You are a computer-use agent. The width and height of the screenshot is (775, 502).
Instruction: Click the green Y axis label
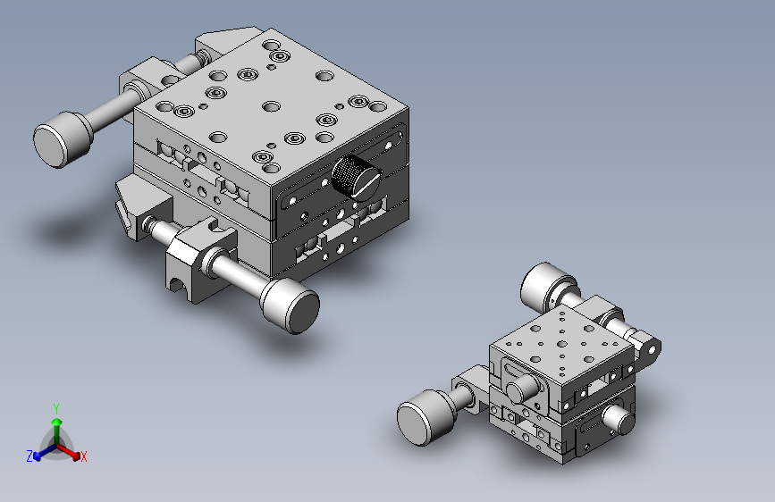pos(56,408)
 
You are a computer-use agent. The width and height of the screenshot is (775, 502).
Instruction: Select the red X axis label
pos(83,457)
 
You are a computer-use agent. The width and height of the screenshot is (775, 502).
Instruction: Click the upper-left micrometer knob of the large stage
pos(63,139)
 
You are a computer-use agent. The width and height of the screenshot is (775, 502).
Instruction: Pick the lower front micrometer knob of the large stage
pos(290,305)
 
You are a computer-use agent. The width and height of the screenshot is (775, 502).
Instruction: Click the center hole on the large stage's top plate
pos(271,105)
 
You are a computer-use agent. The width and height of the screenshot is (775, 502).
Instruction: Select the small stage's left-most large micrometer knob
pos(426,417)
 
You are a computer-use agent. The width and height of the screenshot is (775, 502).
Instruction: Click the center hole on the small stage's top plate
pos(562,344)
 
